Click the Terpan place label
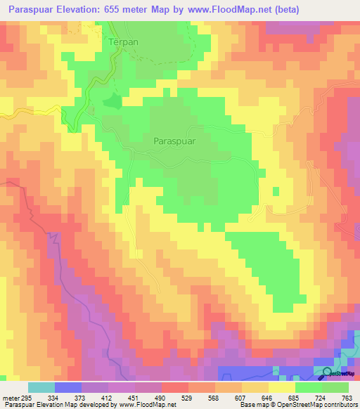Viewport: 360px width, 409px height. point(123,42)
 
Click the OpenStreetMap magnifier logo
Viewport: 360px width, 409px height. point(328,372)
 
